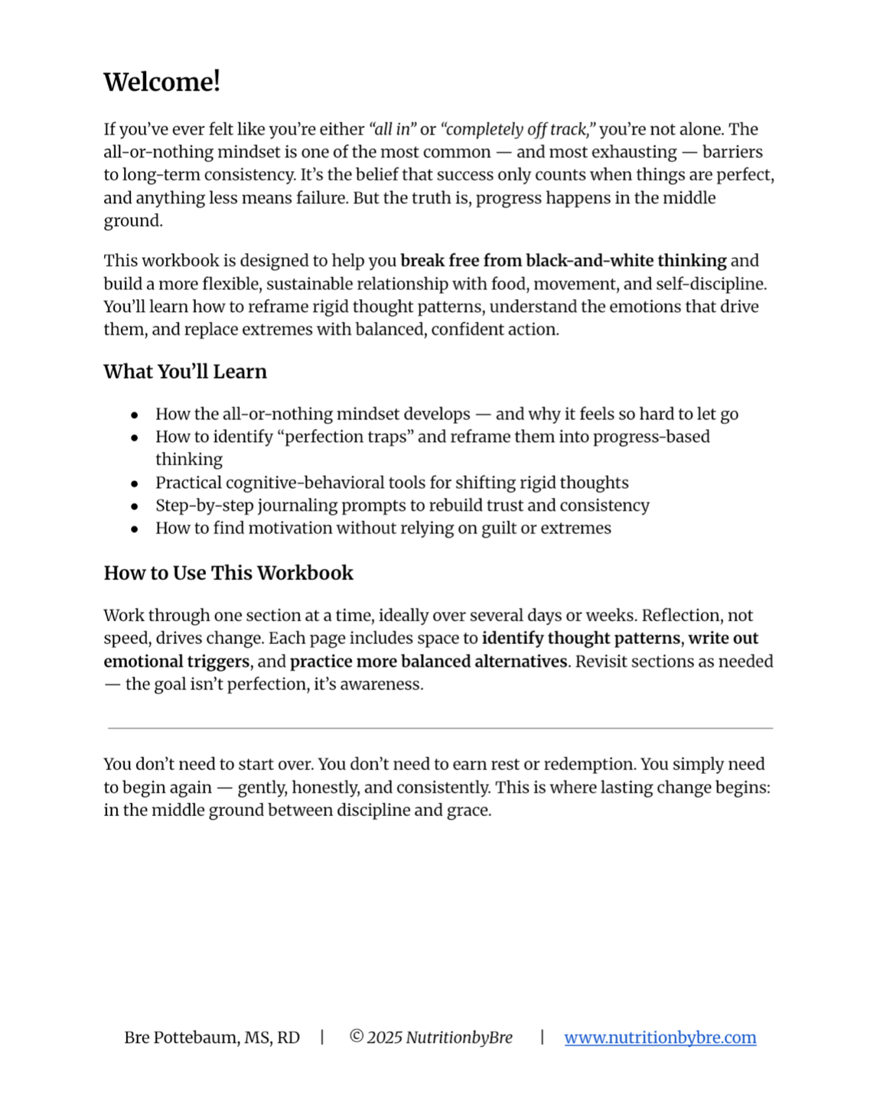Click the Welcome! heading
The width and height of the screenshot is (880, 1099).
pyautogui.click(x=161, y=82)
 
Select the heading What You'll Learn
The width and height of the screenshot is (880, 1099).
pyautogui.click(x=185, y=372)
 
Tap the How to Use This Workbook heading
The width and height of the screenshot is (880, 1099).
pyautogui.click(x=228, y=573)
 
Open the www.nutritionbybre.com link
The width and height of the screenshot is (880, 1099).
pyautogui.click(x=660, y=1037)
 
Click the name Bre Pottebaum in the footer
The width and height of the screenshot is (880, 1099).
pyautogui.click(x=181, y=1037)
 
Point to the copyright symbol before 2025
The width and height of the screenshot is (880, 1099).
pyautogui.click(x=356, y=1036)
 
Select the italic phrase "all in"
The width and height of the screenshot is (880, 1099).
pyautogui.click(x=393, y=129)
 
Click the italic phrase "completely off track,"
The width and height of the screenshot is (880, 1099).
pyautogui.click(x=518, y=129)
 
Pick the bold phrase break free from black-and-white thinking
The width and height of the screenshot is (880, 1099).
pyautogui.click(x=563, y=261)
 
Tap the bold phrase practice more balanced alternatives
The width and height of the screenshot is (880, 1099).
pyautogui.click(x=429, y=662)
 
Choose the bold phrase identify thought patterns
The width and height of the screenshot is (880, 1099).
pyautogui.click(x=581, y=639)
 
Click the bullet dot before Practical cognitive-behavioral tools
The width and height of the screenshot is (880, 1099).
pyautogui.click(x=135, y=483)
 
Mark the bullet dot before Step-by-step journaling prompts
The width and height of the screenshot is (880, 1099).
pyautogui.click(x=135, y=506)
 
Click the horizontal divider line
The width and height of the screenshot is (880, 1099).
pyautogui.click(x=440, y=728)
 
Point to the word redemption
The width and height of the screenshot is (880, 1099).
pyautogui.click(x=588, y=764)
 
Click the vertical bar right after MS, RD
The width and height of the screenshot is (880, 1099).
pyautogui.click(x=322, y=1037)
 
